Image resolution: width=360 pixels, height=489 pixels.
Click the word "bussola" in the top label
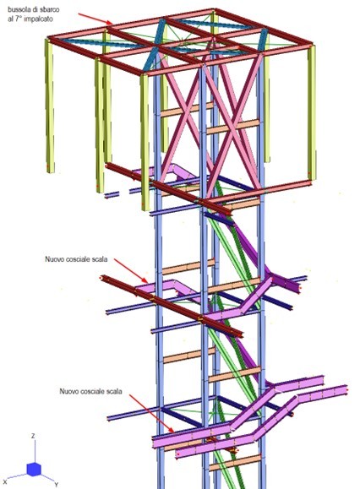[x=18, y=9]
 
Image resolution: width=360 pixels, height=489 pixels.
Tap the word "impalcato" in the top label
[x=38, y=19]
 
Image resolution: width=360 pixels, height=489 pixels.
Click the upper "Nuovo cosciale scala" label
[x=76, y=259]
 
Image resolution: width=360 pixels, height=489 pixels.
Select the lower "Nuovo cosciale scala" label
[x=90, y=391]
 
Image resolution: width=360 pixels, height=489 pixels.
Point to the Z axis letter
[x=33, y=436]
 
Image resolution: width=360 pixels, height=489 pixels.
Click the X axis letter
[x=5, y=482]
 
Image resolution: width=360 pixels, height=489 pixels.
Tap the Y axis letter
[x=56, y=484]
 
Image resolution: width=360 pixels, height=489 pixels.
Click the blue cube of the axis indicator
[x=34, y=470]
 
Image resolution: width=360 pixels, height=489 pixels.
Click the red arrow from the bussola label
[x=95, y=19]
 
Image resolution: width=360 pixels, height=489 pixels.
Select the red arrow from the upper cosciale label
[x=131, y=271]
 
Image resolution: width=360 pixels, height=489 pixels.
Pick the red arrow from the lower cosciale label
[x=151, y=414]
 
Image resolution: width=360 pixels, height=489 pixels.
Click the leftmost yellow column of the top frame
[x=50, y=106]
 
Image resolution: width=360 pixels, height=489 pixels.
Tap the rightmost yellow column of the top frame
[x=312, y=113]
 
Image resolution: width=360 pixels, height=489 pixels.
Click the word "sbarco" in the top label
[x=49, y=9]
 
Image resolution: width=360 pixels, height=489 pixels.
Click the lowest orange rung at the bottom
[x=235, y=462]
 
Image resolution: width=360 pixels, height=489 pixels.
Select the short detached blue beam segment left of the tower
[x=112, y=195]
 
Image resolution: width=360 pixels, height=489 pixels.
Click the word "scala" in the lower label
[x=114, y=391]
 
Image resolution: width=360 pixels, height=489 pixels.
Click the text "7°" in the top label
[x=19, y=19]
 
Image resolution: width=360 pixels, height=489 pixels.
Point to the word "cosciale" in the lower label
[x=92, y=391]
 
